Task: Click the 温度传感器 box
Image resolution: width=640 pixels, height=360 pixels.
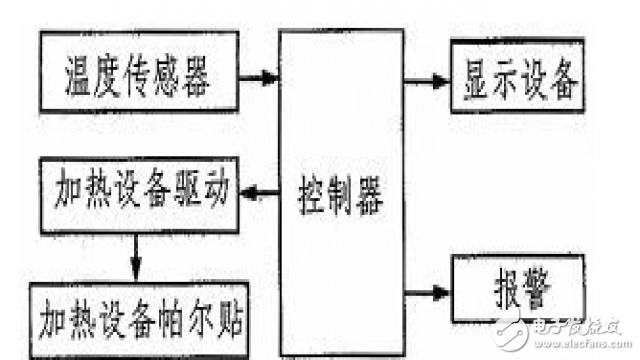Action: (140, 72)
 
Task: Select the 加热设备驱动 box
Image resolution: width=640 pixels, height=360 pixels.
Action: (140, 191)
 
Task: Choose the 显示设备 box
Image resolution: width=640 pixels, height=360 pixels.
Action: (516, 80)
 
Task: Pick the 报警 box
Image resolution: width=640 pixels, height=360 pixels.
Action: (516, 289)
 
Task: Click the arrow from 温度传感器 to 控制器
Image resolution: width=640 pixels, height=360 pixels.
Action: (262, 76)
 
